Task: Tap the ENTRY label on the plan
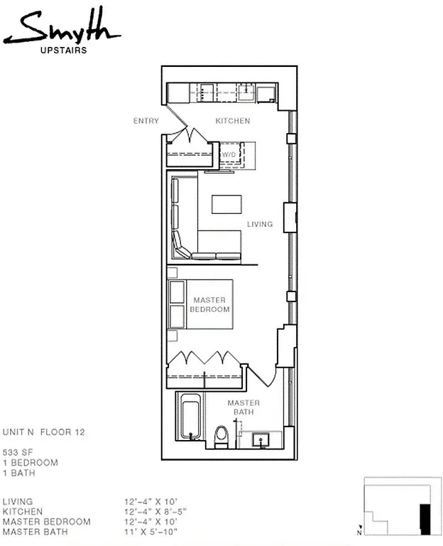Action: [x=146, y=121]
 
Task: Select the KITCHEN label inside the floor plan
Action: [x=233, y=121]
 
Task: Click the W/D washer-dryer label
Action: [x=229, y=154]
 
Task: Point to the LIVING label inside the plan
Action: [x=260, y=225]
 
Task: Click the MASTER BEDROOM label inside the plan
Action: [x=211, y=305]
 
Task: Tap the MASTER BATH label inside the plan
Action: [x=243, y=407]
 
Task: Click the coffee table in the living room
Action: [x=227, y=203]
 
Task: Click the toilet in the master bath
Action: [x=221, y=434]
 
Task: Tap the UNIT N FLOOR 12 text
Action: [x=44, y=432]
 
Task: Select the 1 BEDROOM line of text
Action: [x=29, y=462]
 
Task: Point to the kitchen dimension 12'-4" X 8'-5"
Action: [x=153, y=511]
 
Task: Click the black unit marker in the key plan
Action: [x=425, y=518]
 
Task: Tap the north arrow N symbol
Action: [x=360, y=532]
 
